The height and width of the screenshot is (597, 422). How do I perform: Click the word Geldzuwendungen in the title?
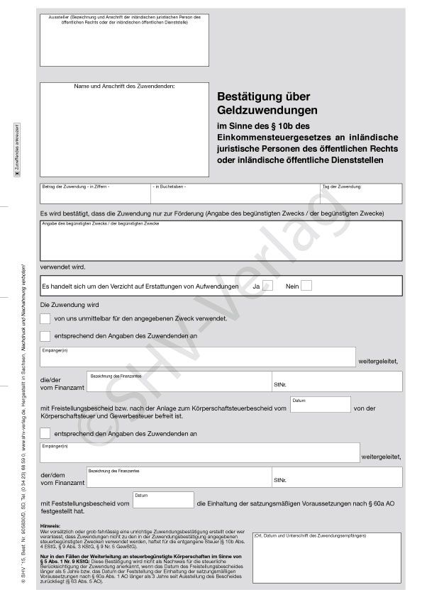267,111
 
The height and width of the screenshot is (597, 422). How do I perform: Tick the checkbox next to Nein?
306,286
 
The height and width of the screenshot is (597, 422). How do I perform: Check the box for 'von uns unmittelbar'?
45,319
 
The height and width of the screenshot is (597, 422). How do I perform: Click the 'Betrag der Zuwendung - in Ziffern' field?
94,194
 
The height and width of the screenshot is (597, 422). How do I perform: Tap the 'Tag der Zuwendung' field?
361,194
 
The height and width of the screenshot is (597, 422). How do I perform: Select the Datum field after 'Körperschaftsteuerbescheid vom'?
320,405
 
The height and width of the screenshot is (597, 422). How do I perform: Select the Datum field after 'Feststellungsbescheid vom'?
163,500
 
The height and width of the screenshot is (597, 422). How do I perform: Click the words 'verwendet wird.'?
63,267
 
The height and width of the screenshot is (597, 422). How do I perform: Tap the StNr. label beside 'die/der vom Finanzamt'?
279,386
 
